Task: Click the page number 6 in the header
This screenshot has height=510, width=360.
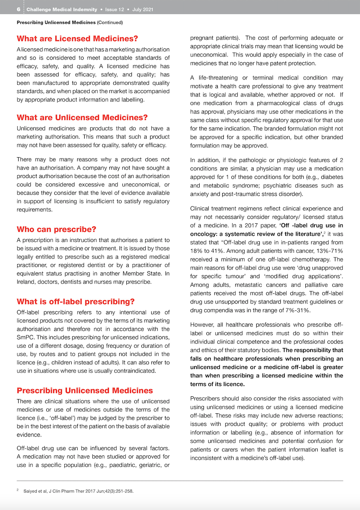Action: pos(19,10)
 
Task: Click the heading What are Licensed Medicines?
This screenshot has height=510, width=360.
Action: pos(77,39)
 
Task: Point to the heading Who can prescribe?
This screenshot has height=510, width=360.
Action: pos(56,230)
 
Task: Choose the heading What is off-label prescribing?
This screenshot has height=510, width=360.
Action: pos(76,302)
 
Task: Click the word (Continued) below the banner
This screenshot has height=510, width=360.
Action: pos(110,23)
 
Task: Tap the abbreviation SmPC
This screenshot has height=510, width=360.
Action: pos(24,337)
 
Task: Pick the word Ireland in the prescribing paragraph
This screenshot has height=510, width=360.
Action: pos(26,282)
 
